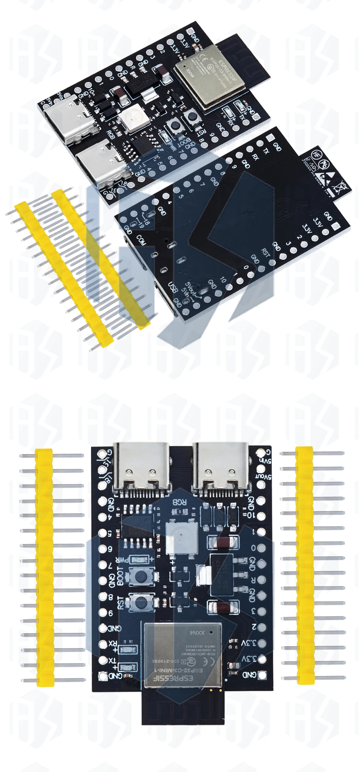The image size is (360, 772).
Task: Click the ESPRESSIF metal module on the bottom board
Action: point(183,652)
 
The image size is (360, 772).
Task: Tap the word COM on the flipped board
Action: point(141,241)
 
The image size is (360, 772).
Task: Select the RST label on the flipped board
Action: point(266,252)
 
